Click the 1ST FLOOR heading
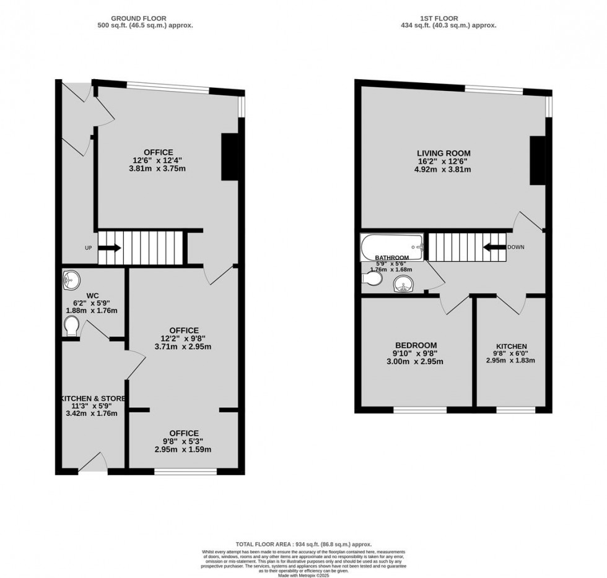tap(449, 19)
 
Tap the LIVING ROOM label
tap(443, 153)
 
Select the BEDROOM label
tap(416, 345)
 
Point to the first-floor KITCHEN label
tap(512, 346)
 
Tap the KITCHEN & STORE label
tap(92, 398)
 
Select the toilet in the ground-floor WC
tap(71, 325)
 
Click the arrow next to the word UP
tap(110, 248)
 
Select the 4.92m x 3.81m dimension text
tap(443, 169)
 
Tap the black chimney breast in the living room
tap(536, 161)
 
